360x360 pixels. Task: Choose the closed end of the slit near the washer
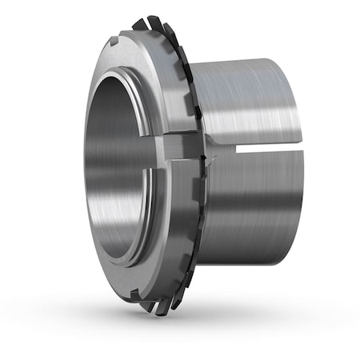[x=214, y=149]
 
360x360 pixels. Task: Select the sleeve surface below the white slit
[x=248, y=208]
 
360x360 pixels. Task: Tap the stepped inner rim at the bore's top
[x=120, y=75]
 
